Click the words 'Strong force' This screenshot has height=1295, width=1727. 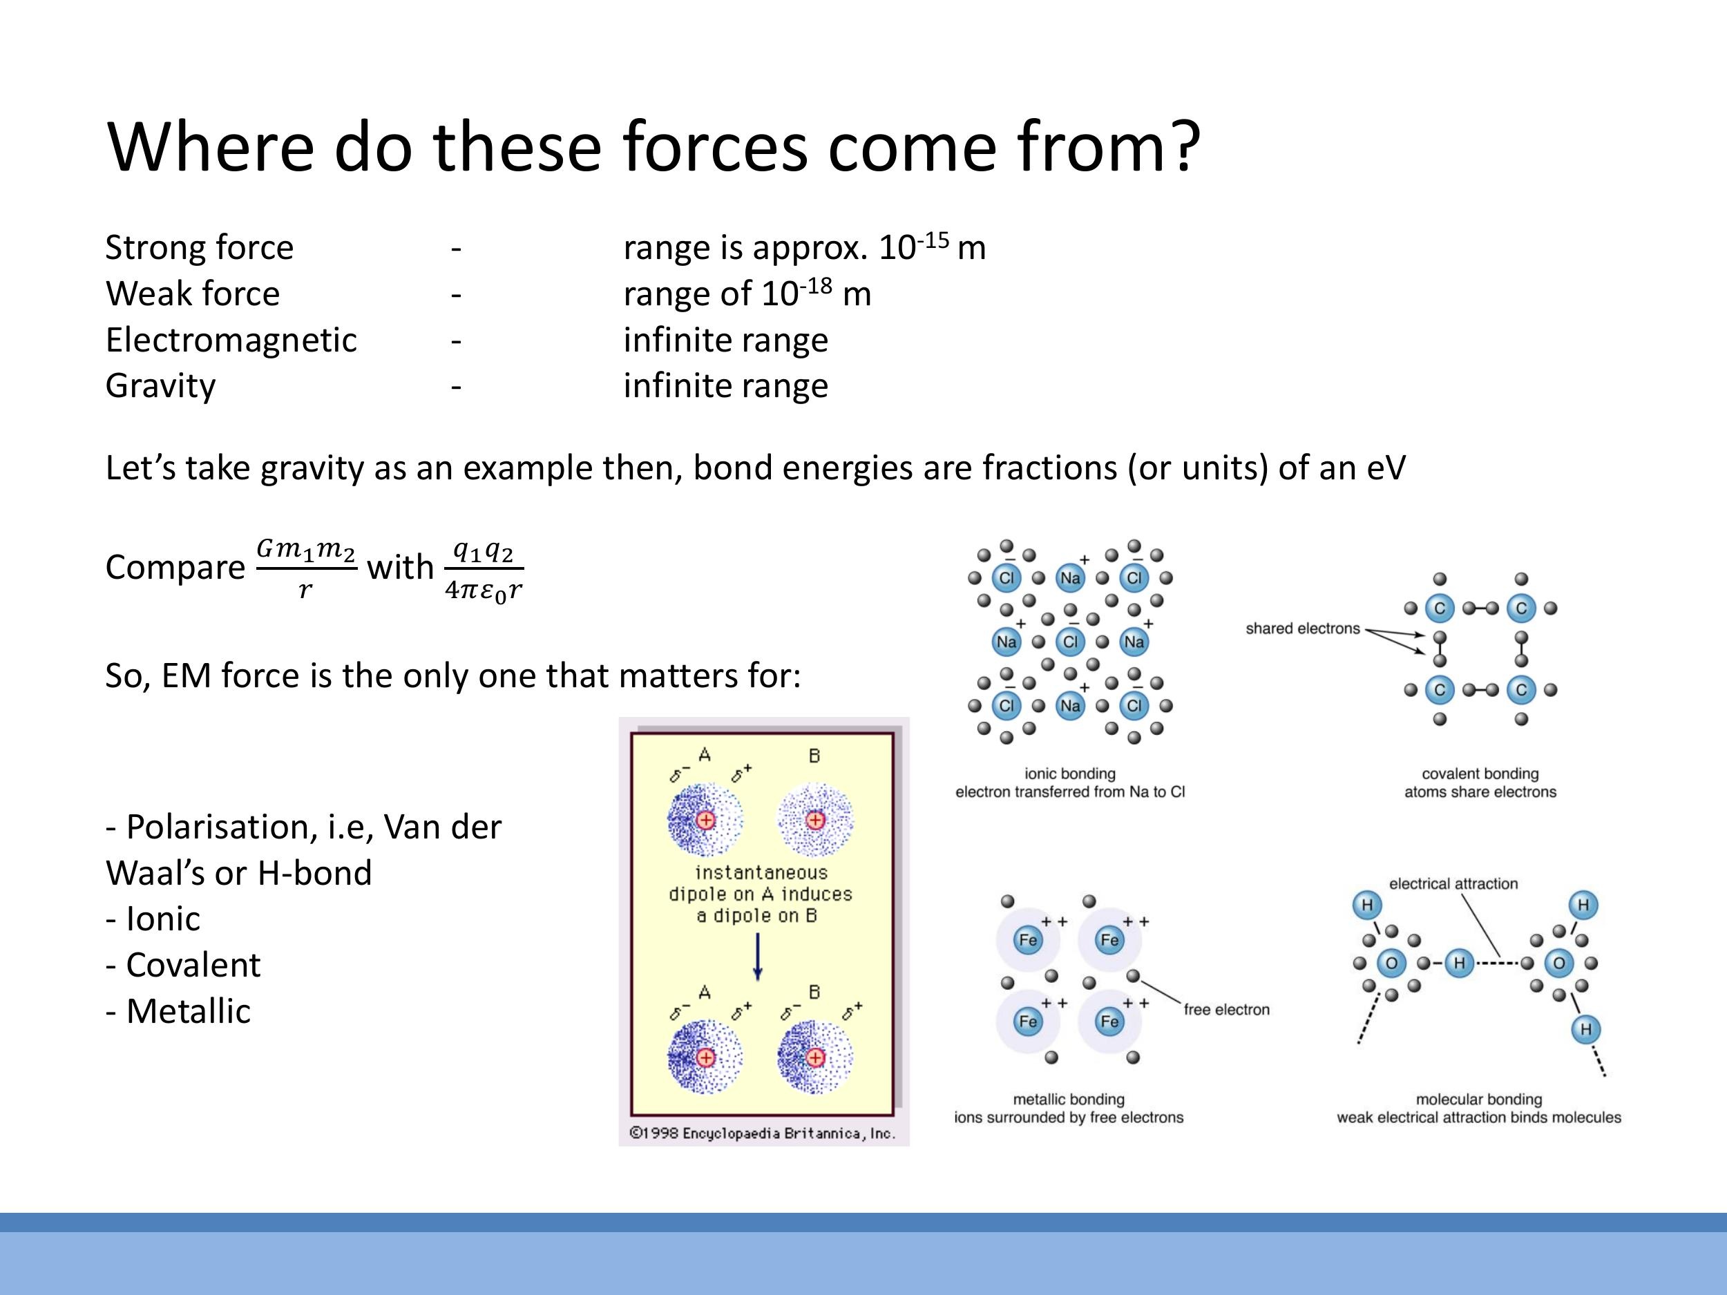199,247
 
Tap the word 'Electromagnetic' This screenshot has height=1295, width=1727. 231,340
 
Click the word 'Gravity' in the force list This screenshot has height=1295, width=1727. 160,385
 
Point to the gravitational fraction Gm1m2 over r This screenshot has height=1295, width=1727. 306,568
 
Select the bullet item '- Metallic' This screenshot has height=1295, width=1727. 179,1011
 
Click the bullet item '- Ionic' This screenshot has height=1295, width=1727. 153,919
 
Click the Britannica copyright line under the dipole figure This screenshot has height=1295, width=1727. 762,1133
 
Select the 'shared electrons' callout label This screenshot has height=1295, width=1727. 1302,629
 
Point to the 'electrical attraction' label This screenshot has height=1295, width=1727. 1453,883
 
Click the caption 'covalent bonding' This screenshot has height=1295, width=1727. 1480,774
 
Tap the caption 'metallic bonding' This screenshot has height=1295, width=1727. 1068,1099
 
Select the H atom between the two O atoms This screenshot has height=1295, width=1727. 1458,963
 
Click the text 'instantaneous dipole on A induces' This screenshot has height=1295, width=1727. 760,883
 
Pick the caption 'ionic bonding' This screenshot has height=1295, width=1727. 1069,774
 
